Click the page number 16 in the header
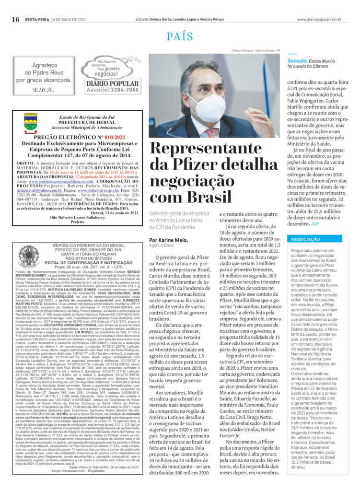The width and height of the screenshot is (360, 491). (15, 19)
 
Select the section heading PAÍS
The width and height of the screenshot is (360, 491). (180, 36)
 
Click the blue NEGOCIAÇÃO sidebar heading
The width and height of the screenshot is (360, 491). (305, 239)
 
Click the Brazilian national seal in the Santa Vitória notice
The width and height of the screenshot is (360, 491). (29, 256)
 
